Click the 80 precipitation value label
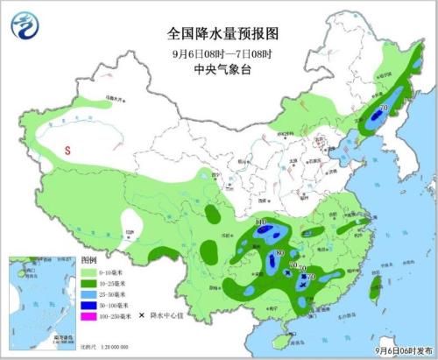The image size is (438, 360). [279, 254]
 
